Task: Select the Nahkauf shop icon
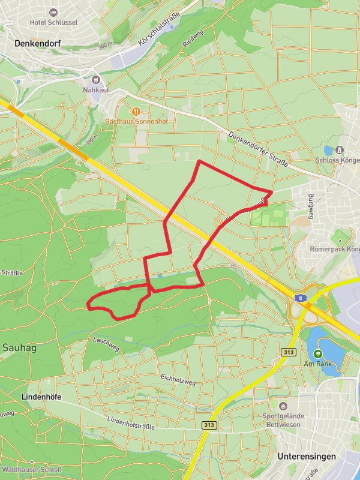(96, 79)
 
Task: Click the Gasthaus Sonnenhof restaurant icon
(137, 110)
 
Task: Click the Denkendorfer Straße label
(258, 149)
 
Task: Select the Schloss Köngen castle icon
(340, 149)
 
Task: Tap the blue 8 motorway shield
(304, 297)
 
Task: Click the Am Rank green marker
(317, 353)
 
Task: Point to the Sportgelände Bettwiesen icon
(283, 406)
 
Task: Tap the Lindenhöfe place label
(41, 397)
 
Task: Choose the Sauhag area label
(20, 347)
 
